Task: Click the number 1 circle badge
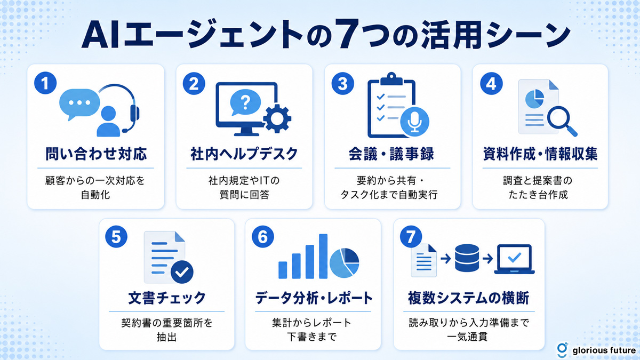click(x=45, y=83)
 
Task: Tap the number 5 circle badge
click(x=116, y=237)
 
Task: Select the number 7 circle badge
click(x=411, y=237)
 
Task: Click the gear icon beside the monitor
click(x=277, y=118)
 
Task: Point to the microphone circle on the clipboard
click(x=414, y=122)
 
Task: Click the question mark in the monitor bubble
click(x=245, y=102)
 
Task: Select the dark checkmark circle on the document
click(x=182, y=272)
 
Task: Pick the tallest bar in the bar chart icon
click(x=323, y=257)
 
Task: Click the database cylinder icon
click(x=467, y=258)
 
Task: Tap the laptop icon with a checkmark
click(x=514, y=259)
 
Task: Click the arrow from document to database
click(x=446, y=259)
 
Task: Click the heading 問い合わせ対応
click(x=96, y=154)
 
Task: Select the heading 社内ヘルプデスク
click(x=244, y=154)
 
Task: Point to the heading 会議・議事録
click(x=391, y=154)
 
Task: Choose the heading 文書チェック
click(x=167, y=298)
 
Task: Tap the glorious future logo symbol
click(x=562, y=349)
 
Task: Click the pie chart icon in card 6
click(x=345, y=263)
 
